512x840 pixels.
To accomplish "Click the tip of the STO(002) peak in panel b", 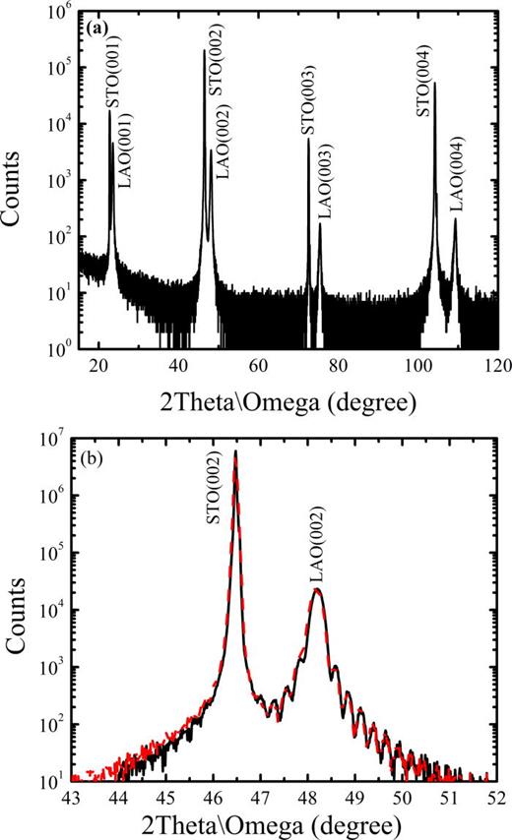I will click(235, 451).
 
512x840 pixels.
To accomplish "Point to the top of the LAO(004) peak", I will click(455, 219).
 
